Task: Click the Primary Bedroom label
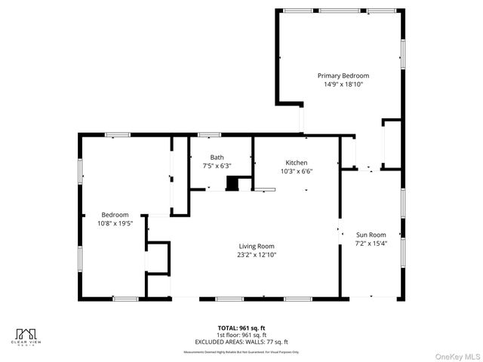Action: pos(343,75)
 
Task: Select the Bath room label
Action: pos(217,157)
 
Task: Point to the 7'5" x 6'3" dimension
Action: pos(217,165)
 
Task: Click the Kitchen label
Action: pos(296,163)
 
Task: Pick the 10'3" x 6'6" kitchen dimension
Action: pos(296,171)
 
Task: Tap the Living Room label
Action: pos(257,246)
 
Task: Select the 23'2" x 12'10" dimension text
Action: pos(257,254)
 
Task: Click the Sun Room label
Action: pos(371,235)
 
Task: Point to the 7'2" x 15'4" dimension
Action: pos(371,243)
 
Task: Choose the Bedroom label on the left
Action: pos(115,214)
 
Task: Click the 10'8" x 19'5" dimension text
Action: pos(115,222)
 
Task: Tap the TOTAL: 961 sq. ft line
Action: pos(241,328)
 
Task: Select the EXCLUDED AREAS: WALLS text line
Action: pos(241,342)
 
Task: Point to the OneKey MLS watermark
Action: pos(454,355)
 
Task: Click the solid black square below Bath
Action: pos(232,183)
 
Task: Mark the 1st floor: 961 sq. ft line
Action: pos(241,335)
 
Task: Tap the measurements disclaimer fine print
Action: pos(241,351)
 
